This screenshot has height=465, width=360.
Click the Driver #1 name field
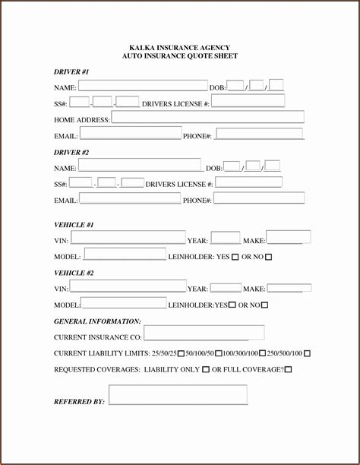point(143,86)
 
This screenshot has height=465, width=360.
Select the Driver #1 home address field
point(207,118)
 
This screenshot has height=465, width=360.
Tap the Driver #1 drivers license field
point(248,101)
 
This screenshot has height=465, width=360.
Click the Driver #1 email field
point(130,134)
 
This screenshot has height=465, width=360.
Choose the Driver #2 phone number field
point(259,198)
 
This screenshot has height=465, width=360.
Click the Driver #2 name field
point(140,166)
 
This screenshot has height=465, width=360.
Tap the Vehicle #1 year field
point(225,239)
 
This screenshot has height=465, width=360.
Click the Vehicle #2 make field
point(289,288)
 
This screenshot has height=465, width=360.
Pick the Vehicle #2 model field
point(123,303)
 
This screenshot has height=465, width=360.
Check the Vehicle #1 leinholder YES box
point(235,257)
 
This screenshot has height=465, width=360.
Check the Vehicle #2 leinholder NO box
point(264,305)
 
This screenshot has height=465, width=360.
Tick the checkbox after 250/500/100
point(307,353)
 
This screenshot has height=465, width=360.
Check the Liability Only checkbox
point(206,369)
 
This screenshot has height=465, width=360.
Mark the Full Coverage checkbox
point(288,369)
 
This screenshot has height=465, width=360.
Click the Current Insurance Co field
point(204,334)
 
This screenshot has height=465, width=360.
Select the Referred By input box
point(178,395)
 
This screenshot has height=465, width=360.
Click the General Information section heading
point(97,321)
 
